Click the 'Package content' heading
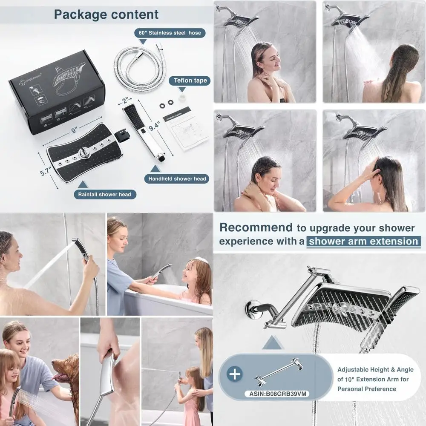click(x=106, y=14)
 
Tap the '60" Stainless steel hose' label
click(x=170, y=32)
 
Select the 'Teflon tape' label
click(x=190, y=81)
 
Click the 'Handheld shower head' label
click(x=177, y=179)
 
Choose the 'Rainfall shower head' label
click(x=105, y=194)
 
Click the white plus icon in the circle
click(x=235, y=374)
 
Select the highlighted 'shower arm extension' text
click(x=363, y=241)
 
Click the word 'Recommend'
click(x=256, y=227)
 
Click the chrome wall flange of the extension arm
click(x=252, y=309)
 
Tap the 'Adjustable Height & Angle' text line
click(x=375, y=370)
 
